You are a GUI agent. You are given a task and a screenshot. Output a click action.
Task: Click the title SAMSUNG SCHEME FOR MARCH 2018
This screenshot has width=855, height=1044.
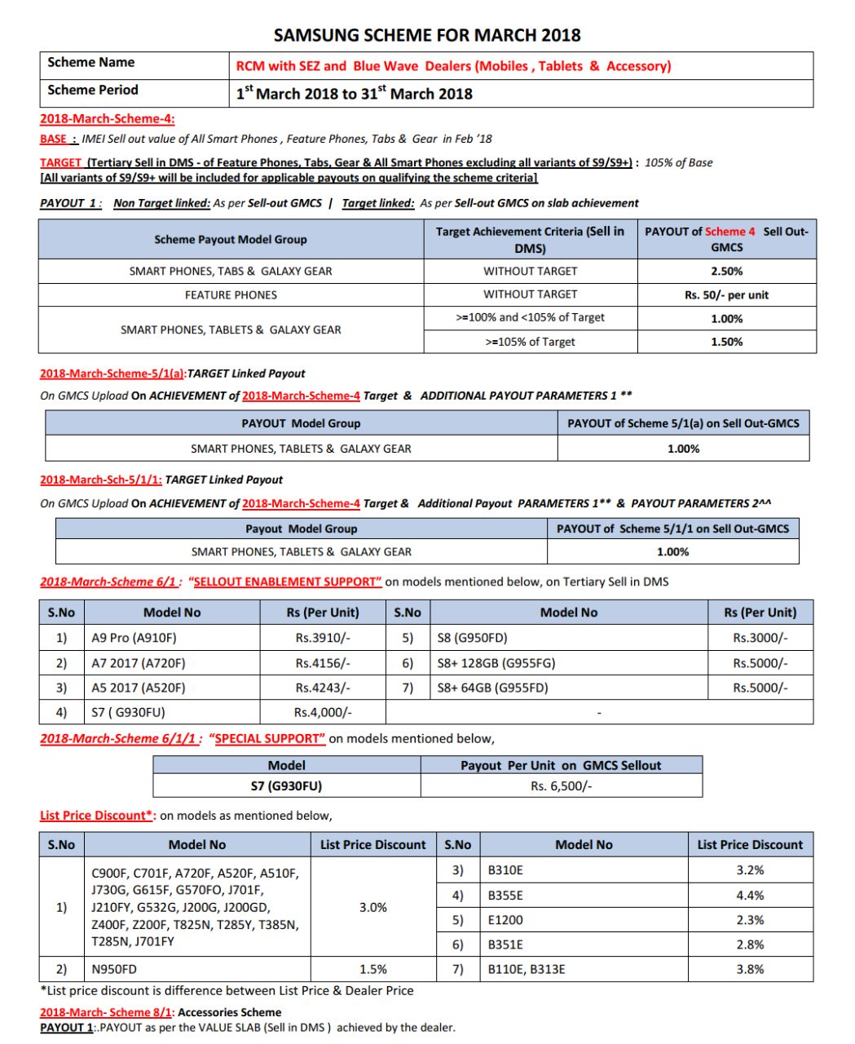click(427, 35)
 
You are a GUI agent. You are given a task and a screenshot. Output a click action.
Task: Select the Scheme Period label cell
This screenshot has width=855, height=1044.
click(93, 90)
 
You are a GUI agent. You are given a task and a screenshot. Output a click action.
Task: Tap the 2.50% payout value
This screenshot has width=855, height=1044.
click(726, 271)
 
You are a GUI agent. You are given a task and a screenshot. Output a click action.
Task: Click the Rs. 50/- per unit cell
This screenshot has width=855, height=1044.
click(726, 295)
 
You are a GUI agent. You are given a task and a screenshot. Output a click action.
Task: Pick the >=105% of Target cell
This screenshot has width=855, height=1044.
click(530, 342)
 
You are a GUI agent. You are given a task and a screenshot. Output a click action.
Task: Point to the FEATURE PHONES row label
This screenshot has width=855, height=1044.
click(231, 295)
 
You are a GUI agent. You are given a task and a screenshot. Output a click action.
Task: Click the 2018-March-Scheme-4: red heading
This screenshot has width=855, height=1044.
click(108, 118)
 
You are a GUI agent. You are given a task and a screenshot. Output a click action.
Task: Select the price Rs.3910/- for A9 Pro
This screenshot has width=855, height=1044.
click(323, 638)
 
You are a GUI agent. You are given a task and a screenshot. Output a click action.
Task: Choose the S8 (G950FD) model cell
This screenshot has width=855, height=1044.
click(473, 638)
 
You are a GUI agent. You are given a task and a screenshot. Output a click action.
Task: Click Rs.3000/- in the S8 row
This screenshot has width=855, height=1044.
click(760, 638)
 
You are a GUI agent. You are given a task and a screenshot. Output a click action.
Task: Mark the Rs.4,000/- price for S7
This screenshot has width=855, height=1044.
click(323, 712)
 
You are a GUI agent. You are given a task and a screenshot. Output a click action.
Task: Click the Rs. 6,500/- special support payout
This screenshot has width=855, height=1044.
click(562, 786)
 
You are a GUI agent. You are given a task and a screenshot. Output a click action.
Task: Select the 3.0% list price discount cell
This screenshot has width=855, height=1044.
click(372, 907)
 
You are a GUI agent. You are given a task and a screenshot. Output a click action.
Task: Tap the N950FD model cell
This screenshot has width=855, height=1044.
click(114, 970)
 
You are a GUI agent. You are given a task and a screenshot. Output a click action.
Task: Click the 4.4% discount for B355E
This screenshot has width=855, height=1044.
click(750, 896)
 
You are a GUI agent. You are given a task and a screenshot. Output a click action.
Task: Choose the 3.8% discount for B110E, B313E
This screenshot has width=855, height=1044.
click(750, 970)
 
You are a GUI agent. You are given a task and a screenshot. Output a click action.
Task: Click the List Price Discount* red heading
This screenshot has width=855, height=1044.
click(97, 816)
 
